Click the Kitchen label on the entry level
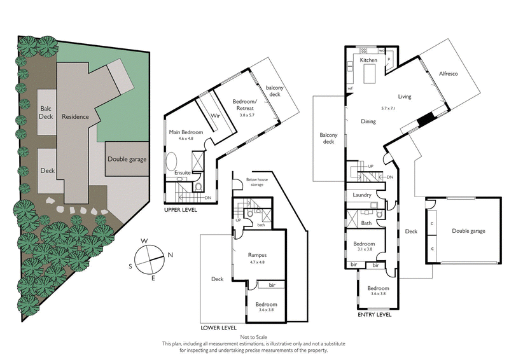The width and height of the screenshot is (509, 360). (x=368, y=60)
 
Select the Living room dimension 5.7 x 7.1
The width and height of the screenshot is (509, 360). (x=388, y=108)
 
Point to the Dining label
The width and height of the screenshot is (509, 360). (x=368, y=121)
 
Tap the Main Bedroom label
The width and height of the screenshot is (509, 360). (x=186, y=132)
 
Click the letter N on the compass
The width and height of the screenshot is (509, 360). (x=171, y=255)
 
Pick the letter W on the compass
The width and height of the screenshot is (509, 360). (x=145, y=240)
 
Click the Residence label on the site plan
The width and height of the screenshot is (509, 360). (x=75, y=117)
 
